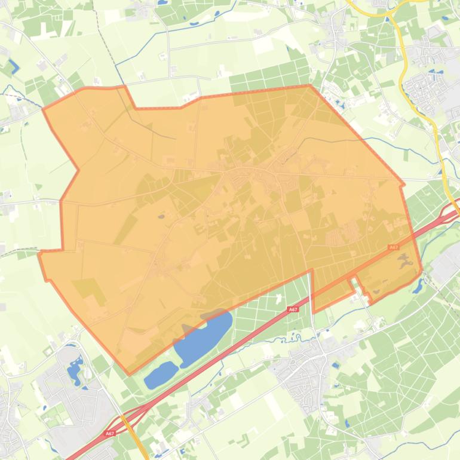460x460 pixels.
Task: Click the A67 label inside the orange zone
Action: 393,247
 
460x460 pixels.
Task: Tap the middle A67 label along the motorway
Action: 293,309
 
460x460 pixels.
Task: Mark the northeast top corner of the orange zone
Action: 310,85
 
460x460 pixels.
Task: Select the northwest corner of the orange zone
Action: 44,109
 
